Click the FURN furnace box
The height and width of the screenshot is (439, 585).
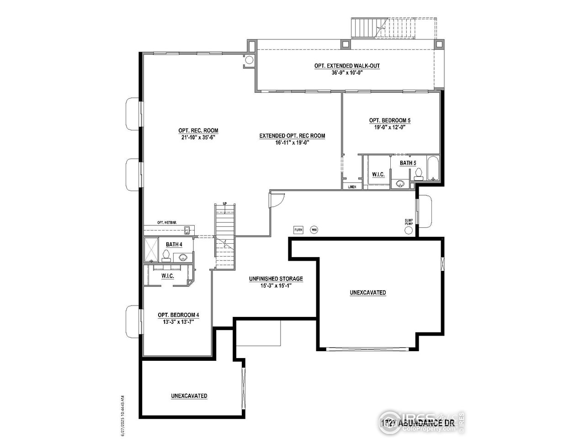[298, 230]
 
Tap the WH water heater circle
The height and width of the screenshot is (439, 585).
[314, 230]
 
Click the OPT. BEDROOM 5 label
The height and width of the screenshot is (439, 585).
[390, 120]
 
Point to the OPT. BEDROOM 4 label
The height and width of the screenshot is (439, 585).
[178, 315]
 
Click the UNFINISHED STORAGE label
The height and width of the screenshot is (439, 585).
[276, 278]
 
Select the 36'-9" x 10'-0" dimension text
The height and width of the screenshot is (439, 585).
[347, 73]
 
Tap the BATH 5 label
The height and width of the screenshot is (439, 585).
[408, 163]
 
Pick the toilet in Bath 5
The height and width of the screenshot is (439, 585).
[418, 174]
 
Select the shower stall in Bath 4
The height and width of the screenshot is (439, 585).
[151, 249]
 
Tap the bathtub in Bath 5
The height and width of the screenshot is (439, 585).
[432, 168]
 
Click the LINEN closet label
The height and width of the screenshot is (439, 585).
[352, 187]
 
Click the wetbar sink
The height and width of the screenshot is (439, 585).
[187, 230]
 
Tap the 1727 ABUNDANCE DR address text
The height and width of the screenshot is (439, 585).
[417, 422]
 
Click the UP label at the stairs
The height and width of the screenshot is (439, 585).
[224, 203]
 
